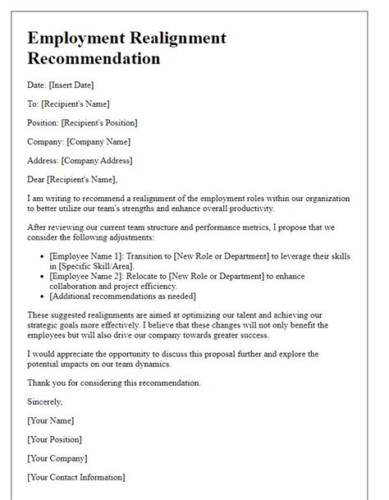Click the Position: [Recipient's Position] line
[82, 122]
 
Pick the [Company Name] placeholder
[101, 141]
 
